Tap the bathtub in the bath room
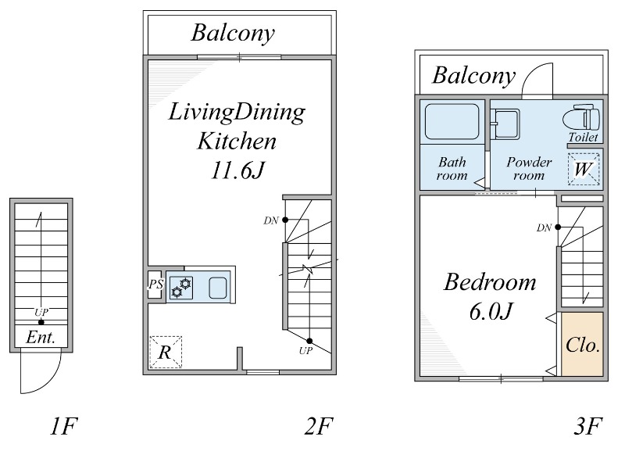[x=452, y=122]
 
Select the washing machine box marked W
[x=584, y=169]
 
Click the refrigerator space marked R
[x=166, y=352]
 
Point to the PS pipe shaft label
[x=155, y=285]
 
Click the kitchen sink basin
[x=218, y=287]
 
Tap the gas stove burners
[x=181, y=288]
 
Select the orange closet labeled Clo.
[x=582, y=344]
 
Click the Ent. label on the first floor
[x=41, y=338]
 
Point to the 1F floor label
[x=63, y=426]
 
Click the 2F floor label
[x=318, y=426]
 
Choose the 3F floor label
[x=588, y=426]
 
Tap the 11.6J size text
[x=237, y=170]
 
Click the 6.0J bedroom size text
[x=491, y=312]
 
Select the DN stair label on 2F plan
[x=270, y=220]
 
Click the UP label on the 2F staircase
[x=305, y=351]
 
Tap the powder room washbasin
[x=505, y=124]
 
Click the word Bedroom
[x=490, y=282]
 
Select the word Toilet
[x=583, y=138]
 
